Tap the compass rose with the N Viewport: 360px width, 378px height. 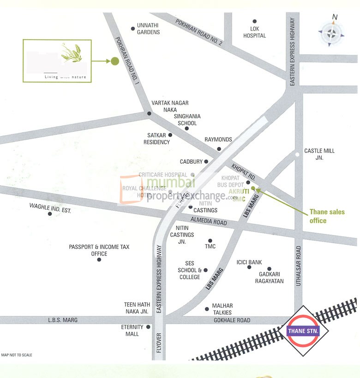coord(330,33)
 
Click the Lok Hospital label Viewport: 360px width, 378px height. coord(255,32)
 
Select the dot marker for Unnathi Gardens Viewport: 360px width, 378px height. coord(133,29)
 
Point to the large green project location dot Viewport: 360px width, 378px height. coord(115,61)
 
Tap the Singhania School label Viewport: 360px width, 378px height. coord(185,120)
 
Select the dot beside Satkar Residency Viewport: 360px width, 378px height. coord(170,135)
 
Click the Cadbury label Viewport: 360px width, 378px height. coord(191,162)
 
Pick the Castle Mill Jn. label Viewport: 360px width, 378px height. coord(319,154)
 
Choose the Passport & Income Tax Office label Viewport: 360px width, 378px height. coord(99,250)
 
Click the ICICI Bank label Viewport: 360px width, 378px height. coord(249,262)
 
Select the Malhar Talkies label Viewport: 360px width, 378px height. coord(222,309)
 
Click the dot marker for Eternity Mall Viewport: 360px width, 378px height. coord(148,327)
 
